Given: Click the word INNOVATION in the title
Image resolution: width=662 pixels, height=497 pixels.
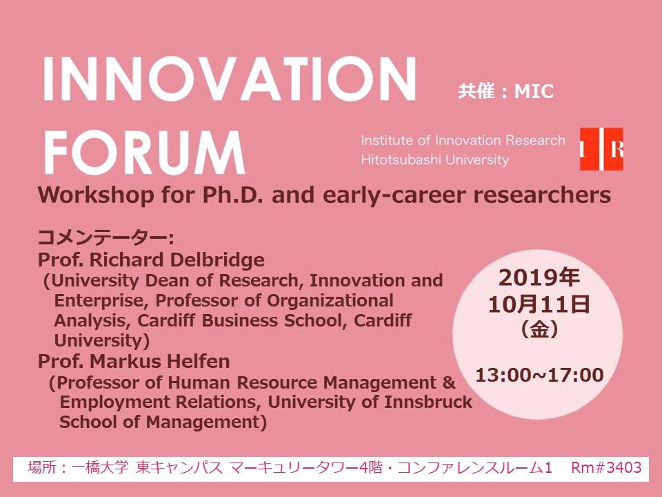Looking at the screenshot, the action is point(230,79).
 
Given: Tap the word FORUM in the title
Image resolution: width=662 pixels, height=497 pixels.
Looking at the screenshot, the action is point(144,152).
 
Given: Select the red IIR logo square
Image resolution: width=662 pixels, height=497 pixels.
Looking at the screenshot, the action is point(601,149).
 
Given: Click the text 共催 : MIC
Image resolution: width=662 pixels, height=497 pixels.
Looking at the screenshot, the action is point(505,91).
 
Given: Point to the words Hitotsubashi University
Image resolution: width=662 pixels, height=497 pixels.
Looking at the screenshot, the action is point(435,159).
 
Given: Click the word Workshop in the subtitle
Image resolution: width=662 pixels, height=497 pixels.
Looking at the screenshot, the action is point(96,195).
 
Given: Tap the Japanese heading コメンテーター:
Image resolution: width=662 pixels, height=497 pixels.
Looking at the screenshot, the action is point(106,238).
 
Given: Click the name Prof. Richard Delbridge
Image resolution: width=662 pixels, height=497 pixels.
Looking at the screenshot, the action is point(151,260).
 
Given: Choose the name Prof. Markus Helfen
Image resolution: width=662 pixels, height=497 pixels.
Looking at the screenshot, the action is point(134,361).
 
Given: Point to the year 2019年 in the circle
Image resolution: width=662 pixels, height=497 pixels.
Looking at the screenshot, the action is point(539,277).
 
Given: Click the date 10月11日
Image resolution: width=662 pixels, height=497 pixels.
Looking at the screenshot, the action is point(539,304).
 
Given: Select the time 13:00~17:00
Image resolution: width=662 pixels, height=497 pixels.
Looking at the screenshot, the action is point(539,375).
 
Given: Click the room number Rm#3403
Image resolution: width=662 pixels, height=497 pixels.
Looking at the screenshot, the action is point(606,467).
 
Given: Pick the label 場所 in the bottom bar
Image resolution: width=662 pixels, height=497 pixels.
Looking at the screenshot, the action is point(42,467).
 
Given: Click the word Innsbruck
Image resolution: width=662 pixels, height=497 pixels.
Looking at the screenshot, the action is point(428,402).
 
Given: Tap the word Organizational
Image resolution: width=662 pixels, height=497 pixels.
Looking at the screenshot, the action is point(330,300).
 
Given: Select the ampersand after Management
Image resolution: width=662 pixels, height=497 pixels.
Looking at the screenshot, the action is point(449,382).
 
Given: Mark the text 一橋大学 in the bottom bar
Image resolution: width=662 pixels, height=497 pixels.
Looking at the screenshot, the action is point(99,467).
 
